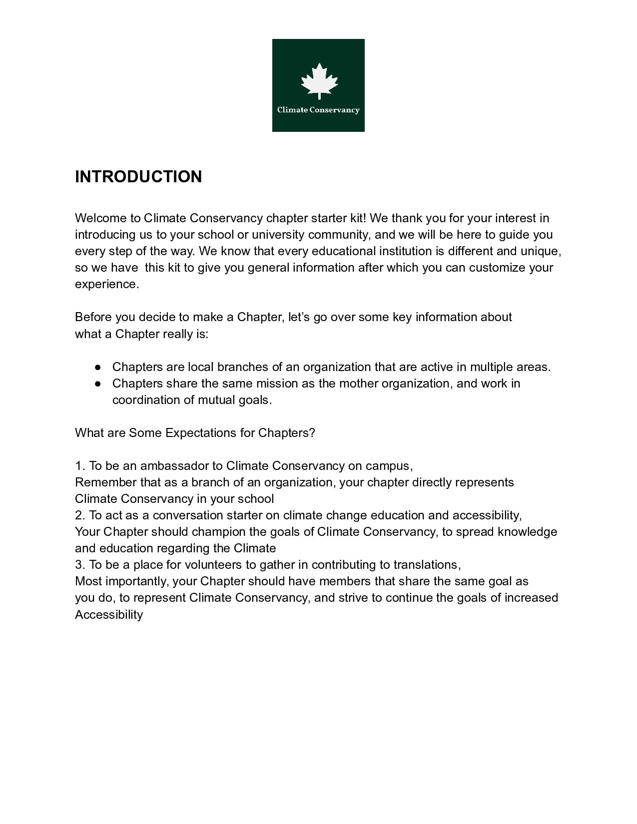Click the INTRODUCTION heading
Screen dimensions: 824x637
point(138,177)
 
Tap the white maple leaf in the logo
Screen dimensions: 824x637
point(319,81)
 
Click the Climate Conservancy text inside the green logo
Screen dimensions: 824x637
point(318,110)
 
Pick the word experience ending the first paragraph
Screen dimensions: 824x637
point(105,284)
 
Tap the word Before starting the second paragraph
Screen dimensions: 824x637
point(93,317)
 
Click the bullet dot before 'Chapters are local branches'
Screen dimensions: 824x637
point(98,367)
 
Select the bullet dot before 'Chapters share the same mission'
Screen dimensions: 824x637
point(98,384)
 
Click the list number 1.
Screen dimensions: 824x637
point(79,466)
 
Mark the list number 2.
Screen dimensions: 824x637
point(79,515)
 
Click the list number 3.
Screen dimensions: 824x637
point(79,565)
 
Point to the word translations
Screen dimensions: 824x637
point(426,565)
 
